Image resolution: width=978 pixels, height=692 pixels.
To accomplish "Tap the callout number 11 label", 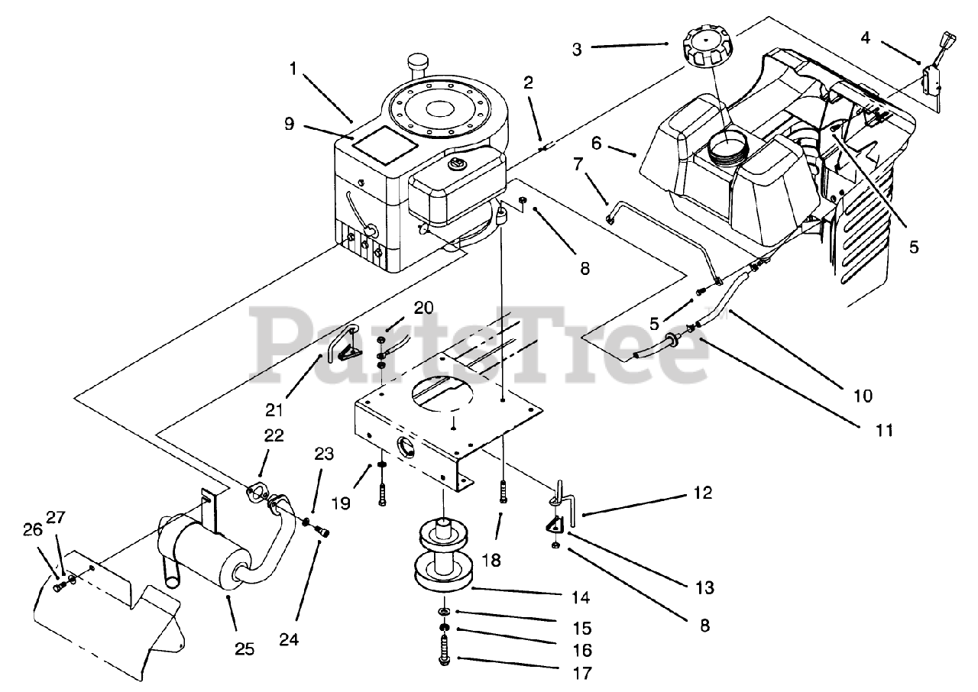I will coord(884,430).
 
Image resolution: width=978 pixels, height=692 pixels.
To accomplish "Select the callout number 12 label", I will coord(704,493).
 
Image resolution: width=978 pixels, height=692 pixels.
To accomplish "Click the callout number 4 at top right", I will coord(864,36).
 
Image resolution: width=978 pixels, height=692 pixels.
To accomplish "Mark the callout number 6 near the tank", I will coord(597,143).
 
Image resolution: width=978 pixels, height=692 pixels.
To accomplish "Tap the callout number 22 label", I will coord(274,435).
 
